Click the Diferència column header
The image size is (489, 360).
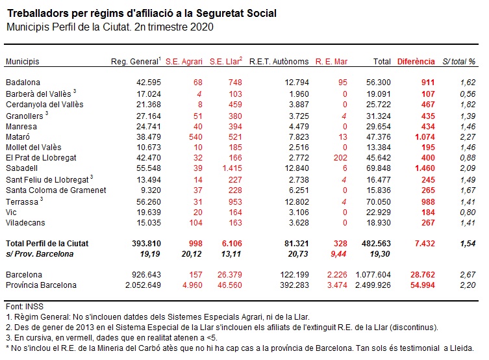[416, 62]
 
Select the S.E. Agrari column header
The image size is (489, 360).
[184, 62]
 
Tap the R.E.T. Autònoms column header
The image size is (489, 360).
[279, 62]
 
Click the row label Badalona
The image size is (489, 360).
[23, 83]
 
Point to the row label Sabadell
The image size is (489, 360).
[21, 168]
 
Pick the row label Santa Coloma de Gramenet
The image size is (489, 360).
[56, 190]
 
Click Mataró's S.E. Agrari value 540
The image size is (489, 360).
[195, 137]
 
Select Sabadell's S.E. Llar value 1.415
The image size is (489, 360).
[232, 168]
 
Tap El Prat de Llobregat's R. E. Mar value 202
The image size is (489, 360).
[340, 158]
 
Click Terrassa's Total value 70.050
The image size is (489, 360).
[379, 202]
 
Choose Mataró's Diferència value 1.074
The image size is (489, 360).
[425, 137]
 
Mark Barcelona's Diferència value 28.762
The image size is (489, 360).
[423, 275]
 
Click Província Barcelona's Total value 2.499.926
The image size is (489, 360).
[373, 285]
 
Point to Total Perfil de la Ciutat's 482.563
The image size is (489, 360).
[376, 244]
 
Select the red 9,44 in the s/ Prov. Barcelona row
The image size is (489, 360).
[339, 254]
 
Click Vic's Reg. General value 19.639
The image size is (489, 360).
[149, 212]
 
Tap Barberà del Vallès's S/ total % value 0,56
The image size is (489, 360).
[468, 94]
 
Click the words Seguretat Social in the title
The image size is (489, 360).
[236, 14]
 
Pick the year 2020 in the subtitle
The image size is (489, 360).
[201, 27]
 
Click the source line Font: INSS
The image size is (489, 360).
[25, 307]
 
